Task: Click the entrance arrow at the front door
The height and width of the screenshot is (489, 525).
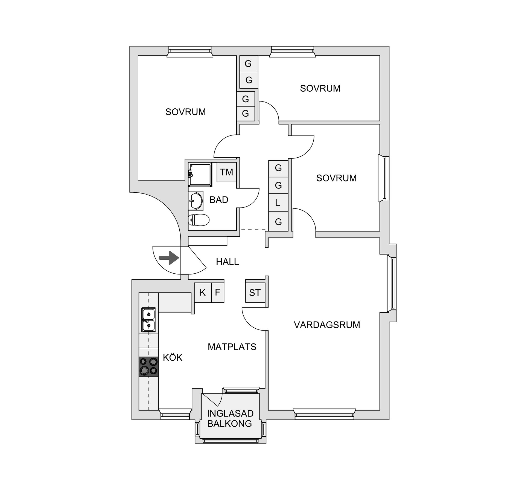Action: coord(169,258)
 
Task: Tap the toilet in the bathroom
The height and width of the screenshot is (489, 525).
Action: coord(199,220)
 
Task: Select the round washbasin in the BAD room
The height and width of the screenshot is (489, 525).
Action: coord(196,201)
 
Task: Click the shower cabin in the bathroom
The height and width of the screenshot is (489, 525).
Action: coord(200,175)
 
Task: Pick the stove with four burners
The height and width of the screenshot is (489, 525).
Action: coord(148,366)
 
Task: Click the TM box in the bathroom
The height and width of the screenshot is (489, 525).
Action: coord(226,172)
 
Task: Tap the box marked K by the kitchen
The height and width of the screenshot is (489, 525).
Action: coord(203,293)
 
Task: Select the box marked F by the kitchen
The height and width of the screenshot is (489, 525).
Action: coord(218,292)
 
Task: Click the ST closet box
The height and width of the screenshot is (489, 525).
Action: coord(255,293)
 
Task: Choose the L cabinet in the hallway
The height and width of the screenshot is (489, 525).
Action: coord(278,203)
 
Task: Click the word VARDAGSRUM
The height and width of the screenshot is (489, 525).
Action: coord(327,325)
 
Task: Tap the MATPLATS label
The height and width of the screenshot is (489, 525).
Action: coord(232,347)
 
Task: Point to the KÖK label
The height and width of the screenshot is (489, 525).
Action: coord(173,358)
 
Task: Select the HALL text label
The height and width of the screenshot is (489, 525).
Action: coord(227,262)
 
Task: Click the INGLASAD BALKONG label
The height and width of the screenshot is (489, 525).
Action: coord(230,418)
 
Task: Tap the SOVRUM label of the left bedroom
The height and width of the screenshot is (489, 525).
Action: coord(185,112)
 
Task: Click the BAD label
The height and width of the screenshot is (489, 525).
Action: coord(219,200)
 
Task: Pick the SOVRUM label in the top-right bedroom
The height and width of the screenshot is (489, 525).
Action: coord(320,88)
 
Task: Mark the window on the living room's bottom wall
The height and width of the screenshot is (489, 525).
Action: coord(324,414)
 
